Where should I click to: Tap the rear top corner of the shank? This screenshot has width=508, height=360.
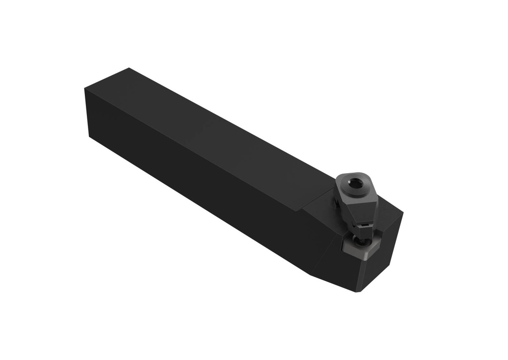[129, 68]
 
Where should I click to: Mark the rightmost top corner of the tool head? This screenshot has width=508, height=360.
[403, 213]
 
